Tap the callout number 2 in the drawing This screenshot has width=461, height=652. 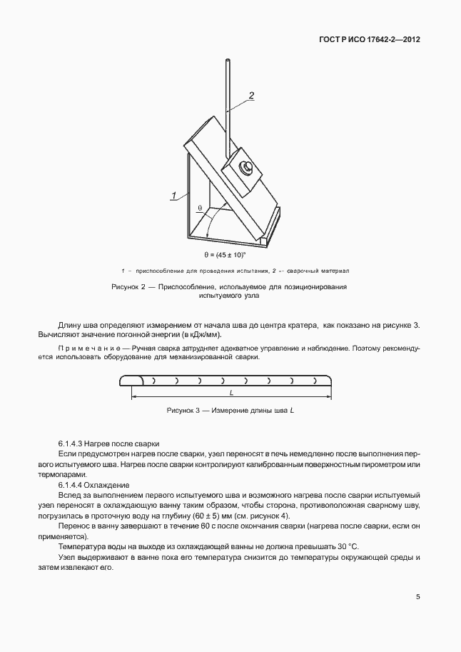(x=251, y=95)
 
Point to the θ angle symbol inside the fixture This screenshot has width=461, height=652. (x=201, y=208)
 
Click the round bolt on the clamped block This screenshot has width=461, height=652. (x=244, y=168)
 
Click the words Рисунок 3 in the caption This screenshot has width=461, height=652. (x=183, y=411)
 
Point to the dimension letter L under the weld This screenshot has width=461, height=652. (x=232, y=393)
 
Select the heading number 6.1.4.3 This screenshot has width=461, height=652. (x=74, y=443)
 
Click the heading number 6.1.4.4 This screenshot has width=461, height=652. (x=74, y=484)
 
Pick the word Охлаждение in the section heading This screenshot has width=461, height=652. (x=109, y=484)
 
